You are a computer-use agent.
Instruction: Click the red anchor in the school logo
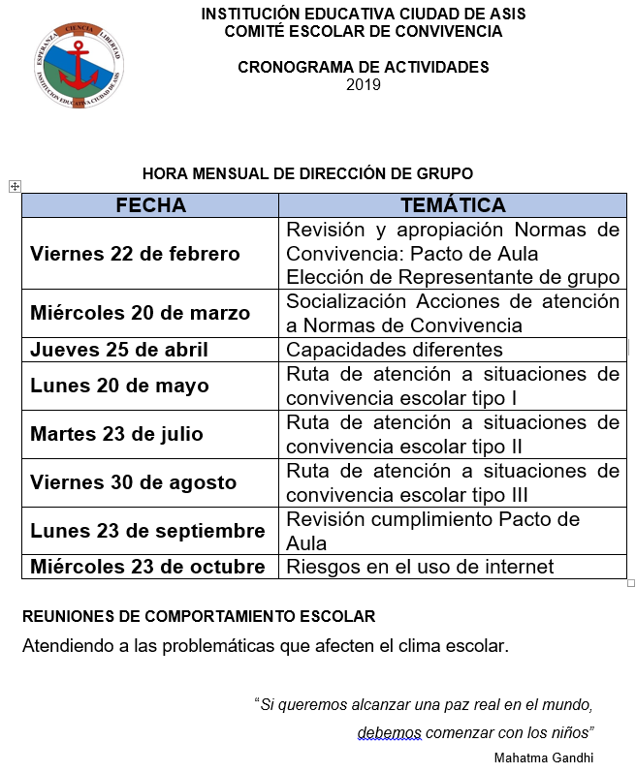79,60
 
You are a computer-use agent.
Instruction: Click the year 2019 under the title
364,84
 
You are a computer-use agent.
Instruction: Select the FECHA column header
150,205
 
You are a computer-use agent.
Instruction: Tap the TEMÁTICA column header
453,205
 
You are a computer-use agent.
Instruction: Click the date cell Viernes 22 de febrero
135,254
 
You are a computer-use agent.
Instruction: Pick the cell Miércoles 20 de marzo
140,313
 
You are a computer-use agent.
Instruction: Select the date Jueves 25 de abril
119,350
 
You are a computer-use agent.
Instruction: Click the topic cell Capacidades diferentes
395,350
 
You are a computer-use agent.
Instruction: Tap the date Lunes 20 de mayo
119,386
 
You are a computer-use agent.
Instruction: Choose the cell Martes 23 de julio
116,434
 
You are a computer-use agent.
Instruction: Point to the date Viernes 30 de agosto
133,482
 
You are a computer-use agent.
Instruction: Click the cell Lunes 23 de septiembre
147,531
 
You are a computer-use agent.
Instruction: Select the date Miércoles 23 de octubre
147,567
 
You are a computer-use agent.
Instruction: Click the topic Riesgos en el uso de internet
420,567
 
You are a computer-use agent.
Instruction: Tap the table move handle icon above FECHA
15,185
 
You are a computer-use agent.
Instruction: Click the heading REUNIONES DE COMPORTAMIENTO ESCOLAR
199,616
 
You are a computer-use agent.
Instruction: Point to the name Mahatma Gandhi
543,757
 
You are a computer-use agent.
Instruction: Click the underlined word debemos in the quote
388,731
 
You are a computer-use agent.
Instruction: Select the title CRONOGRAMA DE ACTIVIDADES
364,68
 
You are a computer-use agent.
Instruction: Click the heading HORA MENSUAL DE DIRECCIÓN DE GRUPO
307,173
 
